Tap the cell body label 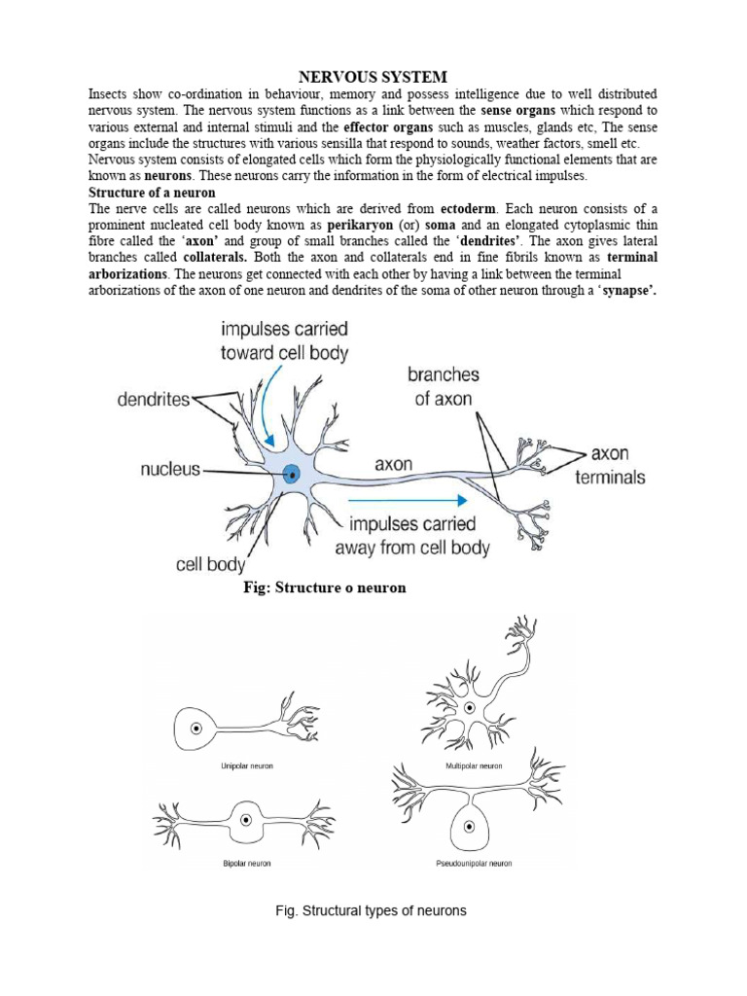pyautogui.click(x=211, y=563)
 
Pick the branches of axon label pyautogui.click(x=444, y=386)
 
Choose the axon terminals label pyautogui.click(x=610, y=465)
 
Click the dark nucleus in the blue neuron pyautogui.click(x=292, y=475)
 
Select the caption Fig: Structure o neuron pyautogui.click(x=324, y=588)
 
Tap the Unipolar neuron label pyautogui.click(x=247, y=766)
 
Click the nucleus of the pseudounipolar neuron pyautogui.click(x=470, y=826)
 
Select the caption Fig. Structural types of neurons pyautogui.click(x=372, y=911)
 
